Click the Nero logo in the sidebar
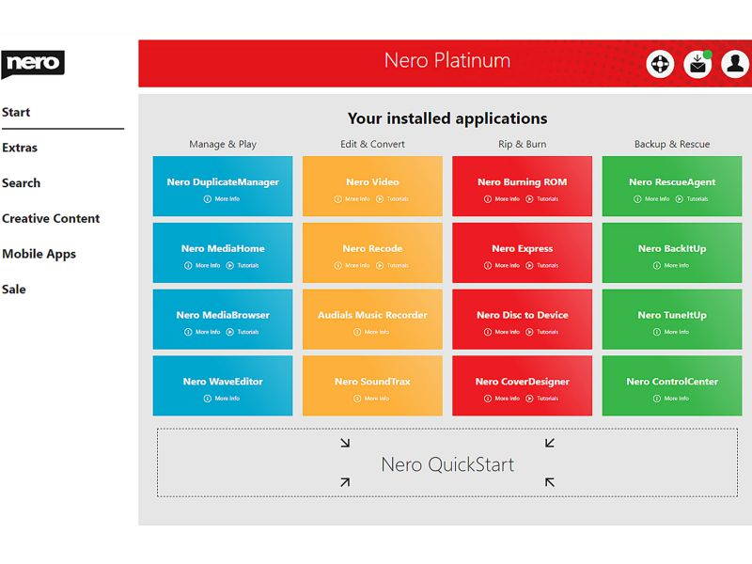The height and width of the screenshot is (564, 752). pyautogui.click(x=33, y=64)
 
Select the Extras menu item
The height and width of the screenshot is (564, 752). pyautogui.click(x=20, y=148)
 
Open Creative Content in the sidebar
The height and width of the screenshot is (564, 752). pyautogui.click(x=51, y=218)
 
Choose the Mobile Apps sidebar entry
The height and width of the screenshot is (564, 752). pyautogui.click(x=39, y=254)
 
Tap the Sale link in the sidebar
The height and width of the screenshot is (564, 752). pyautogui.click(x=14, y=290)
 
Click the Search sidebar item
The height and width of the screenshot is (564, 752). pyautogui.click(x=21, y=183)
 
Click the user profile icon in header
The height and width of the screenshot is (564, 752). pyautogui.click(x=735, y=64)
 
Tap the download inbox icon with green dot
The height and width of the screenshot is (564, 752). pyautogui.click(x=697, y=64)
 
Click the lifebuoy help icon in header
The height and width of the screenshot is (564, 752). pyautogui.click(x=661, y=64)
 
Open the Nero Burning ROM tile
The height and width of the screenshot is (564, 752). pyautogui.click(x=522, y=182)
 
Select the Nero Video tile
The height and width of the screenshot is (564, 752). pyautogui.click(x=372, y=182)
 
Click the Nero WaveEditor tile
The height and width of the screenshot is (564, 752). pyautogui.click(x=223, y=382)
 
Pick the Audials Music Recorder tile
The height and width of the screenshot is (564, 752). pyautogui.click(x=372, y=315)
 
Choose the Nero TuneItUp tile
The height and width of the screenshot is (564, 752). pyautogui.click(x=671, y=315)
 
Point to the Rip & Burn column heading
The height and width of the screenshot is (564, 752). pyautogui.click(x=522, y=145)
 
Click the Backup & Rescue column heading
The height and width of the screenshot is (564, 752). pyautogui.click(x=671, y=145)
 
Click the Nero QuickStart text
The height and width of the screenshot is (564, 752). pyautogui.click(x=447, y=464)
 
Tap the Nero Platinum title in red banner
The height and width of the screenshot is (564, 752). pyautogui.click(x=447, y=61)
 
